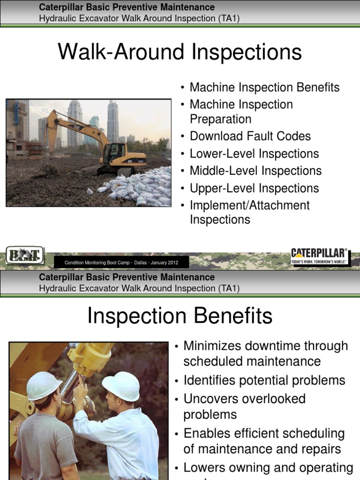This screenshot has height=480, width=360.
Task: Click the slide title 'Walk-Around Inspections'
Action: click(x=180, y=52)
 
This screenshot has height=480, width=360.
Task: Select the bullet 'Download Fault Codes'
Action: click(x=250, y=136)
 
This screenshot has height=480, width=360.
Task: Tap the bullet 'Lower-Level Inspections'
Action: click(x=254, y=154)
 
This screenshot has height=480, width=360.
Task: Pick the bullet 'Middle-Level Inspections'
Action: click(x=255, y=171)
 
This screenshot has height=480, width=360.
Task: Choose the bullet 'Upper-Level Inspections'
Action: click(x=254, y=188)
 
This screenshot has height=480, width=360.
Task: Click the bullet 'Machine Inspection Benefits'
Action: click(x=264, y=88)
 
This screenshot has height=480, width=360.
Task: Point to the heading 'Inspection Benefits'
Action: click(x=180, y=316)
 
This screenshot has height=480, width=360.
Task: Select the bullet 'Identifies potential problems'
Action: click(x=264, y=380)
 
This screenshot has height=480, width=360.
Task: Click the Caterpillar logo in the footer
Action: click(x=320, y=256)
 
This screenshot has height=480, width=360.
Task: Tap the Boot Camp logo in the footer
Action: click(x=25, y=256)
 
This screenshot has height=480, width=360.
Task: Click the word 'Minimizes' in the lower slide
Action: click(x=210, y=346)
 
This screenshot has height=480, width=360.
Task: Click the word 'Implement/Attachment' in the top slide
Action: click(x=249, y=205)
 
